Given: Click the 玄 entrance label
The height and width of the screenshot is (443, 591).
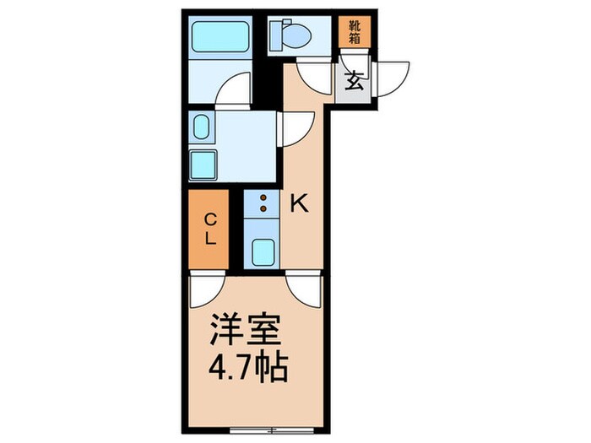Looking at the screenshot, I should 354,83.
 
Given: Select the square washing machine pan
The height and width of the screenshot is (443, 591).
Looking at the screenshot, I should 203,163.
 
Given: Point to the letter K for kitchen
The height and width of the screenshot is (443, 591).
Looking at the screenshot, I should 299,203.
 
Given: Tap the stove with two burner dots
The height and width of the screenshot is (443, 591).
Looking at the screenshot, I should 263,203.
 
